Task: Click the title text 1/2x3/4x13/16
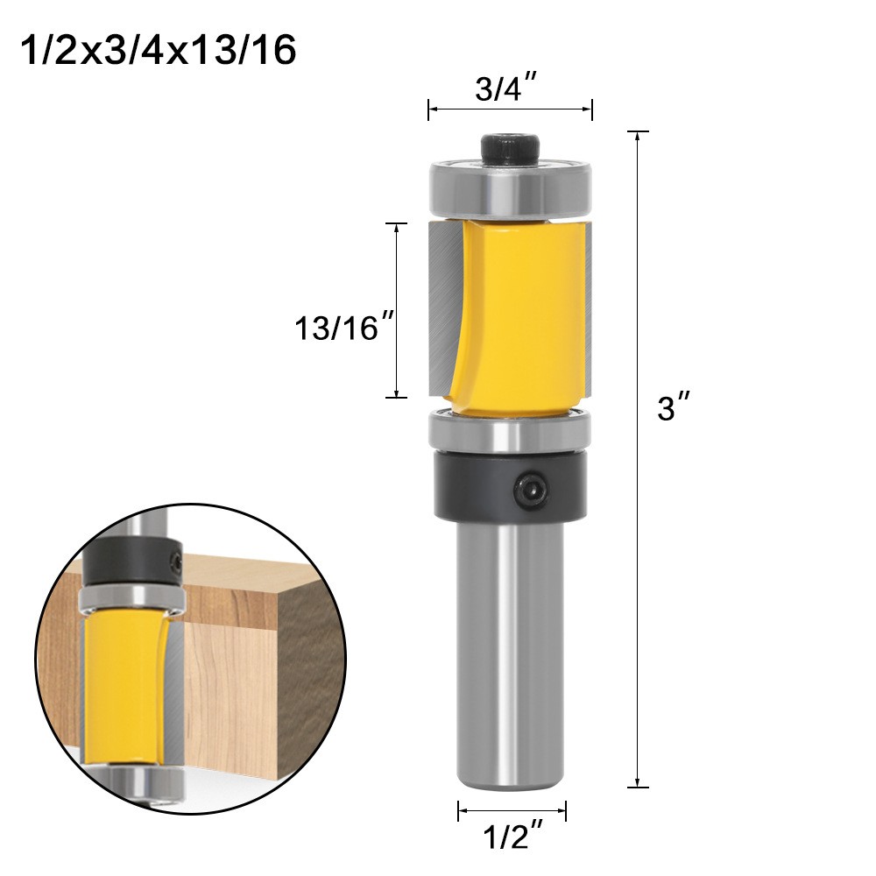point(158,52)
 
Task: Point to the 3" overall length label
point(675,409)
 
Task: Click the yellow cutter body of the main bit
point(517,315)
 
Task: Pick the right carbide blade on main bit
point(586,307)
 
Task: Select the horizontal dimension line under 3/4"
point(510,109)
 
